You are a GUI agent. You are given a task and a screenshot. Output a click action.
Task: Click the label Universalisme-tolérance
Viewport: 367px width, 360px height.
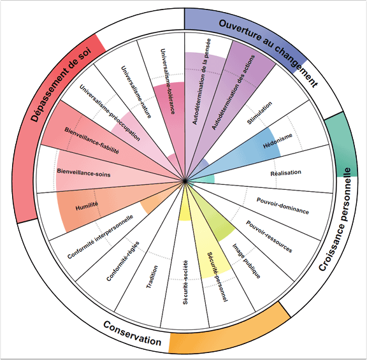168,82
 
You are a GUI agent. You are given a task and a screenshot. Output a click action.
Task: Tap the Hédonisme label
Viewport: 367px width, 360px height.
278,141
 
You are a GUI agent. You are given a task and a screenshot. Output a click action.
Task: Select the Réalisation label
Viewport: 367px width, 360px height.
286,173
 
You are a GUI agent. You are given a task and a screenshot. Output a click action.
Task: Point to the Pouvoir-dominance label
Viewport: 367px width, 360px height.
283,206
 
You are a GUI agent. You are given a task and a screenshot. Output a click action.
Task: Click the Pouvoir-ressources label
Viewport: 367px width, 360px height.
269,236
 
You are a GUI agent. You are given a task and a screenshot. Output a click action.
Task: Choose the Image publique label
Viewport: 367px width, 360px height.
246,261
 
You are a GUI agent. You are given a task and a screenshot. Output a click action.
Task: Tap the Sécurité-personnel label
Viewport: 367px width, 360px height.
217,277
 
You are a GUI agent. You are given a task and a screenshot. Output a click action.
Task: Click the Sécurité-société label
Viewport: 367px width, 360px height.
185,282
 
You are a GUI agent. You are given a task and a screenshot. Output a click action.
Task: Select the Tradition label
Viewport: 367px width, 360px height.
152,277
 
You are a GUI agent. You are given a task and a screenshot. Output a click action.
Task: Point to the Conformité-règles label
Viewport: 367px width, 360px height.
123,261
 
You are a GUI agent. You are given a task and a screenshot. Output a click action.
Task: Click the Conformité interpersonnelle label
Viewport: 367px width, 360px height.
100,237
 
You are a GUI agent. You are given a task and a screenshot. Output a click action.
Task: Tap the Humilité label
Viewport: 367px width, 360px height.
87,206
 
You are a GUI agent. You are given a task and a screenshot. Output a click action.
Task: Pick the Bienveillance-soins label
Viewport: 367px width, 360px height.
83,173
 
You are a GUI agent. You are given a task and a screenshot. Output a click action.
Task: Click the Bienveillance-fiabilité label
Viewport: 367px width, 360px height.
92,140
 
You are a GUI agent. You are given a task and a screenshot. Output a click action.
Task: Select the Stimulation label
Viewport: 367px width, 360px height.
259,113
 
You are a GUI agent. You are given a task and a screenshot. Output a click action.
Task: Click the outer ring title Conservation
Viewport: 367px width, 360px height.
133,333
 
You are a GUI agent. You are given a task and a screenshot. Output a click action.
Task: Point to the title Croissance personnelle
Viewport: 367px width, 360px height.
335,219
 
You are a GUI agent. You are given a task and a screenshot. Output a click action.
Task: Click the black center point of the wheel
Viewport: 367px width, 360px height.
185,181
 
